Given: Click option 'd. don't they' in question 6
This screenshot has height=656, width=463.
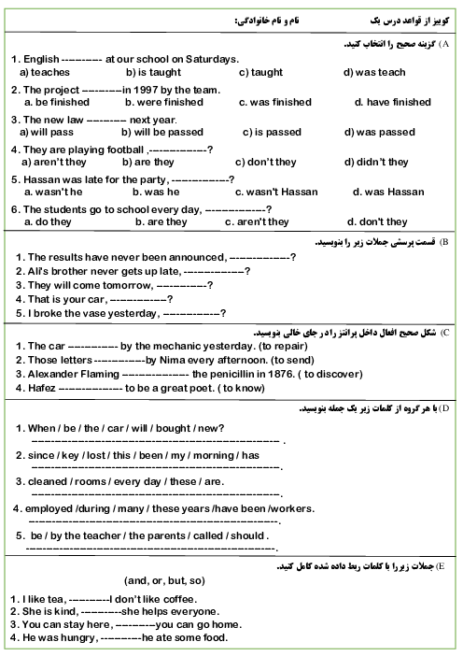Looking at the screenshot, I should (377, 221).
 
